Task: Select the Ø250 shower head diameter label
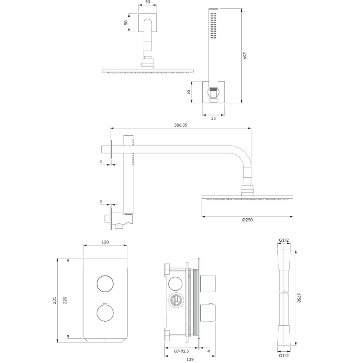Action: click(247, 221)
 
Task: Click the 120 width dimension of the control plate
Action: click(105, 242)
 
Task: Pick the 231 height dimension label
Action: click(54, 300)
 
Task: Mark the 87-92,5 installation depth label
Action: click(176, 351)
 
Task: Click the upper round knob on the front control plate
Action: click(105, 284)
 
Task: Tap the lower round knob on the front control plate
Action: click(105, 313)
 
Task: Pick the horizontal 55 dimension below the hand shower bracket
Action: click(213, 119)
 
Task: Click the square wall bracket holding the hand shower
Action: click(213, 92)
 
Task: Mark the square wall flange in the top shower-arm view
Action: click(148, 23)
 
